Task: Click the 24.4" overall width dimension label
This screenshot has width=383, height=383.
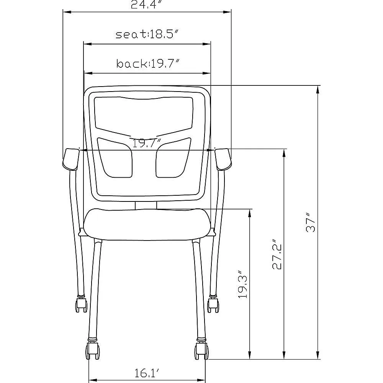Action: [147, 4]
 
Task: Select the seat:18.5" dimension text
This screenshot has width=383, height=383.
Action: [148, 34]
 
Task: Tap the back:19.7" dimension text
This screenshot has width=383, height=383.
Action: [148, 64]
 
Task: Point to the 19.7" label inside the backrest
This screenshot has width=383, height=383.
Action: [147, 143]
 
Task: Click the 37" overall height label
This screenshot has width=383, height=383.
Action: [311, 223]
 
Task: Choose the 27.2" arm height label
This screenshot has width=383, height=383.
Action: [277, 254]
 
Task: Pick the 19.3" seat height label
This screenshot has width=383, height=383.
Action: [243, 284]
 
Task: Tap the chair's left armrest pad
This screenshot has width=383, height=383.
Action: [71, 159]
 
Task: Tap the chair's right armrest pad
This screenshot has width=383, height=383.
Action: [223, 159]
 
